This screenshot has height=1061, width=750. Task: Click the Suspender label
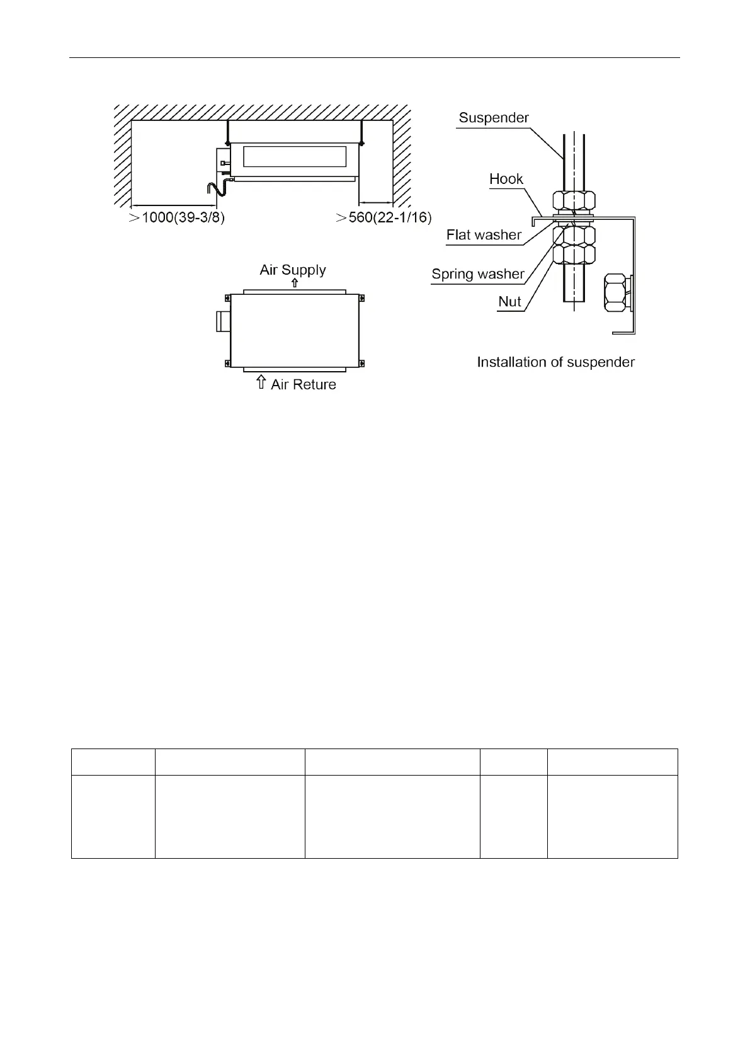(x=494, y=118)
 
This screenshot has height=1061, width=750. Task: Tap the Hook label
(x=506, y=179)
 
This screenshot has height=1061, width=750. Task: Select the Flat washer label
(x=484, y=235)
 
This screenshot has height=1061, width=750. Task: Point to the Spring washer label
(x=478, y=274)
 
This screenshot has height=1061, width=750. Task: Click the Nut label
(x=509, y=302)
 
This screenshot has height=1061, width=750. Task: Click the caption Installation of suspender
(x=555, y=362)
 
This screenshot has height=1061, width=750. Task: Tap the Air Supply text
(x=293, y=270)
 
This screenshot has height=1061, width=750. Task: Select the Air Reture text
(x=304, y=384)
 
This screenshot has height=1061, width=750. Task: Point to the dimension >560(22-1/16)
(x=383, y=218)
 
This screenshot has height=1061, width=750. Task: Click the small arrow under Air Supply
(x=294, y=283)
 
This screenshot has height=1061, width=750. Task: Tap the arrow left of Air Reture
(x=261, y=382)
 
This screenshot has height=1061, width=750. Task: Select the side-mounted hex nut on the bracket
(x=615, y=292)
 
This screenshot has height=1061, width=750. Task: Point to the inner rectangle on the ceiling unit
(x=294, y=156)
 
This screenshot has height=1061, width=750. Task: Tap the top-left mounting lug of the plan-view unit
(x=227, y=297)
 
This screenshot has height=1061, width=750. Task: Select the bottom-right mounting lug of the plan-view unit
(x=361, y=363)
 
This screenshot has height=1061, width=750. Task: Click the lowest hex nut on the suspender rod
(x=574, y=255)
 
